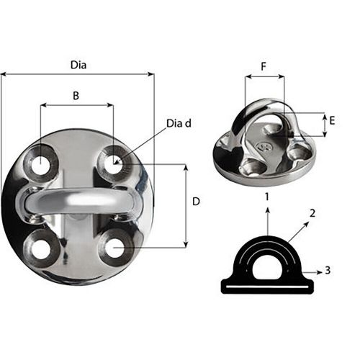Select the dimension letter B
76,94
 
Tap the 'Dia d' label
179,123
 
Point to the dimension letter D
196,203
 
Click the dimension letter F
264,66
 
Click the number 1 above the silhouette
267,196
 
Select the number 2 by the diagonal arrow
312,213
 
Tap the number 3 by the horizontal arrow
328,271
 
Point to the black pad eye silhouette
267,266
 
